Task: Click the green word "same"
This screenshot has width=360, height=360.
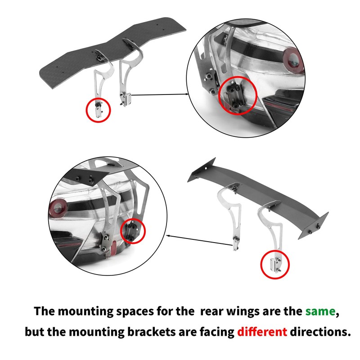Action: (320, 311)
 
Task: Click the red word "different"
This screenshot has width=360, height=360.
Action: (262, 332)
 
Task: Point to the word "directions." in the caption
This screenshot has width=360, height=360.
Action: (320, 332)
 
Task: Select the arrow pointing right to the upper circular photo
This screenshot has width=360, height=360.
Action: (160, 94)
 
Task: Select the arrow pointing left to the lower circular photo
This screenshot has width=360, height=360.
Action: (199, 240)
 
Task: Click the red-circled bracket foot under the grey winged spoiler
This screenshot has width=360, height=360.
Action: (276, 264)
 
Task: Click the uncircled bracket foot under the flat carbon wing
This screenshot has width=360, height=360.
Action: (125, 99)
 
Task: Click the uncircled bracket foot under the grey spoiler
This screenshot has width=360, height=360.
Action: (236, 244)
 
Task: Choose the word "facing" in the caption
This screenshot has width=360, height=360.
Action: (216, 332)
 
